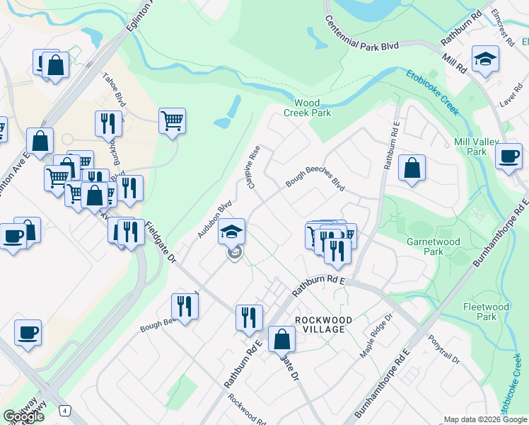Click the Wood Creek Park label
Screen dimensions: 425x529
pyautogui.click(x=308, y=107)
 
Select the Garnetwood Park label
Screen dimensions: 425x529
pyautogui.click(x=434, y=246)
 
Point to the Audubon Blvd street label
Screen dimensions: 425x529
pyautogui.click(x=215, y=219)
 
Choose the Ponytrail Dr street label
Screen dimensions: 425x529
pyautogui.click(x=444, y=348)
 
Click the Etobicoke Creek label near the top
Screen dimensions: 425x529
pyautogui.click(x=433, y=92)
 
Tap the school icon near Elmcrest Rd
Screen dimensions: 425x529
pyautogui.click(x=486, y=59)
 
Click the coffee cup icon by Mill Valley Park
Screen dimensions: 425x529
pyautogui.click(x=508, y=156)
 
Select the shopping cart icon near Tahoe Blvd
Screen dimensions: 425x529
pyautogui.click(x=172, y=120)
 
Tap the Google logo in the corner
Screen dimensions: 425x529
pyautogui.click(x=23, y=416)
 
